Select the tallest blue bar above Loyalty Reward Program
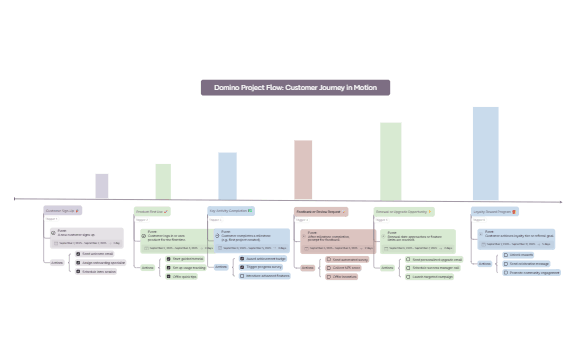(486, 152)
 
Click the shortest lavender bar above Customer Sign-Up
(102, 186)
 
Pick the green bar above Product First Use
(163, 181)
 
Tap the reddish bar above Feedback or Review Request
(303, 169)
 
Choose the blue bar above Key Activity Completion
(227, 175)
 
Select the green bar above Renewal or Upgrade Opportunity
(390, 160)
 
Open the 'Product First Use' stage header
(153, 211)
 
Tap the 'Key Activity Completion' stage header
(231, 211)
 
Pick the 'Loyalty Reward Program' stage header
(493, 211)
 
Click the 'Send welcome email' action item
(96, 254)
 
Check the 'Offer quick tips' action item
(185, 276)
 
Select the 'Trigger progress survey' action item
(263, 267)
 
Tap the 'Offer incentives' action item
(346, 276)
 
